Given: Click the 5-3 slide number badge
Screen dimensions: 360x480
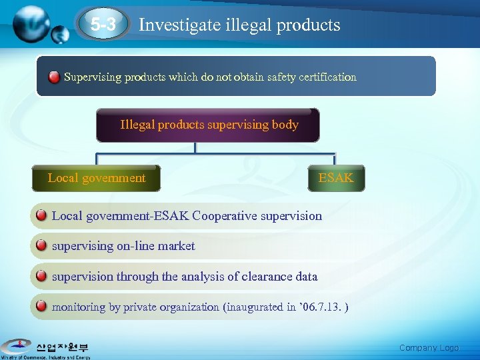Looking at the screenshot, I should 103,25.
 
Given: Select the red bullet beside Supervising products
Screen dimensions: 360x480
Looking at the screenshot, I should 54,77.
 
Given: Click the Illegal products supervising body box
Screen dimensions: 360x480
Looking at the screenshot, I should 208,125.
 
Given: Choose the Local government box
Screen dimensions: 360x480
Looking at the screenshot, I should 97,178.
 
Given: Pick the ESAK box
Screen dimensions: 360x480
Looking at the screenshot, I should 336,178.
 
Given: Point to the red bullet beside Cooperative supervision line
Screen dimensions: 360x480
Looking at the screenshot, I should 41,215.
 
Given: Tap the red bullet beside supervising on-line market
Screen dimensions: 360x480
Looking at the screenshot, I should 41,245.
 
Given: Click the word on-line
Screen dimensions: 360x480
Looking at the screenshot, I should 137,246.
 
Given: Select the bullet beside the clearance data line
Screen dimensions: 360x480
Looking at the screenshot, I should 41,276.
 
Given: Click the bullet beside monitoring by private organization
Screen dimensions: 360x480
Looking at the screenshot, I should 41,307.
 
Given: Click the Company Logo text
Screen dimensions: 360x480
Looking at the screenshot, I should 429,348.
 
